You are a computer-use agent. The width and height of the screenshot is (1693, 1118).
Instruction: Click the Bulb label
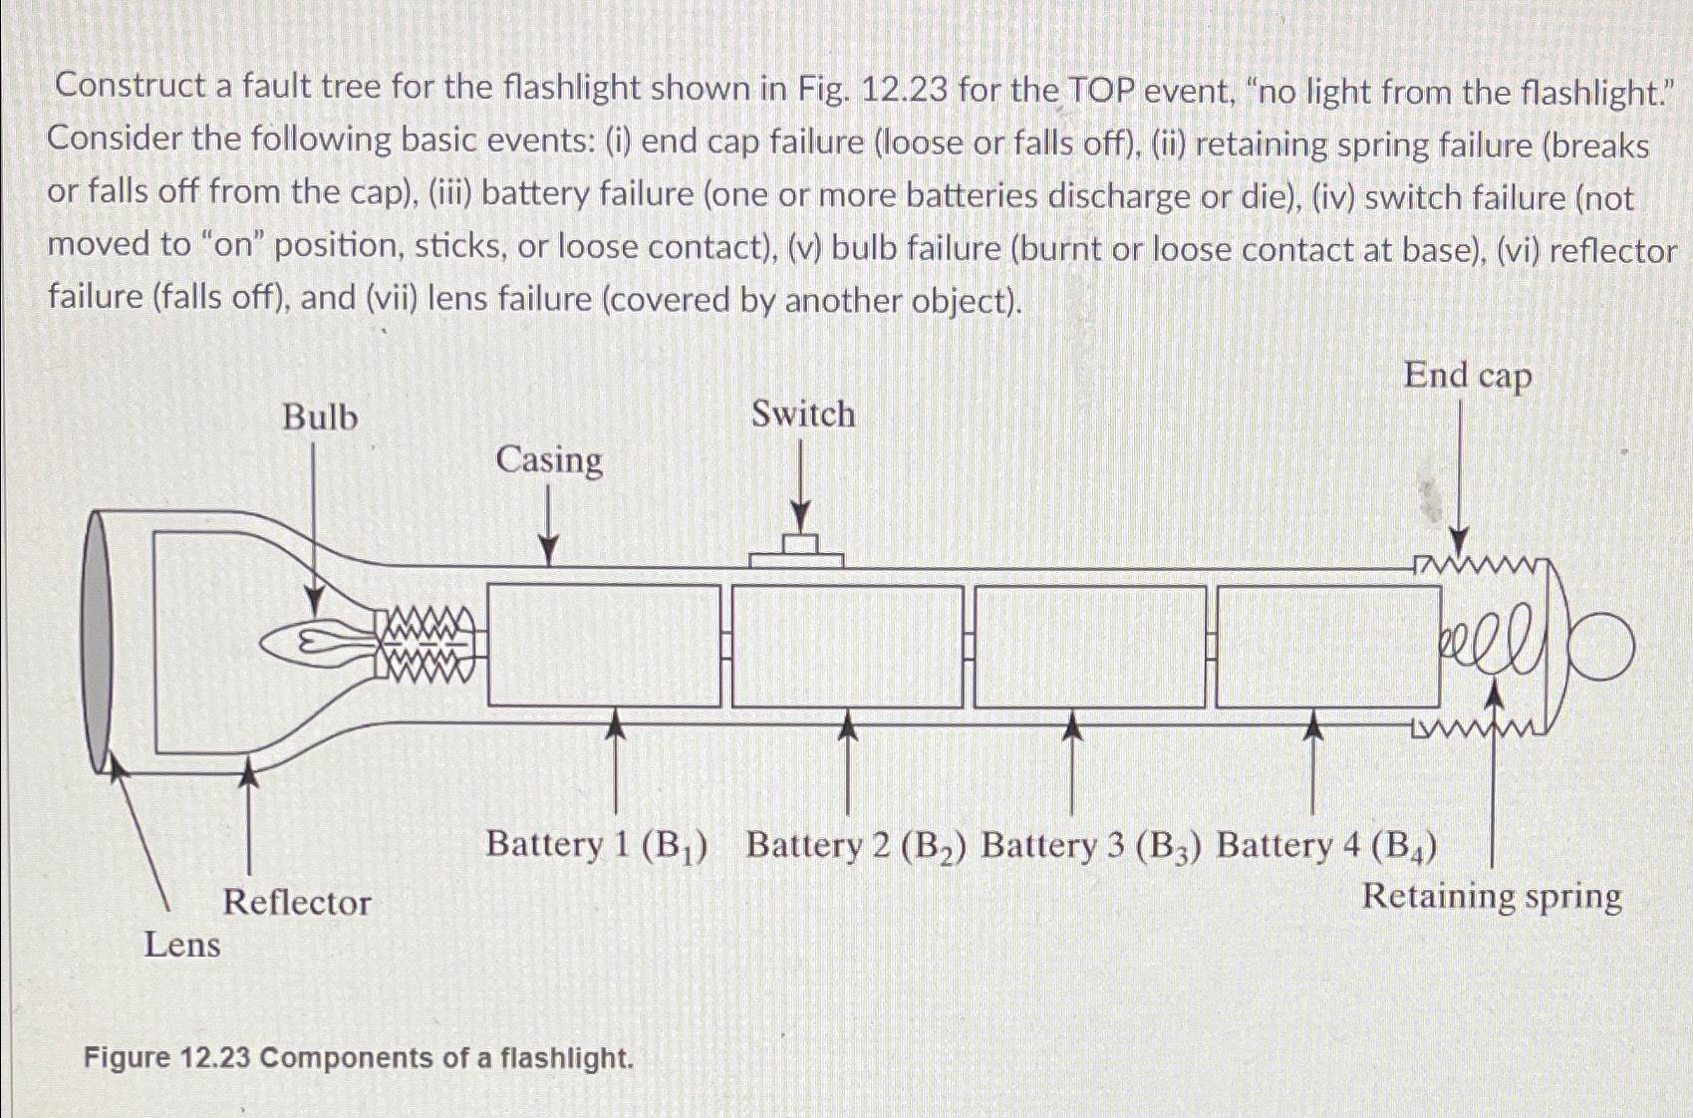tap(319, 417)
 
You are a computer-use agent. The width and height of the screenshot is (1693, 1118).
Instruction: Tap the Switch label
tap(802, 414)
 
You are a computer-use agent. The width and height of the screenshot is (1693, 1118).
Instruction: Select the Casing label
tap(549, 460)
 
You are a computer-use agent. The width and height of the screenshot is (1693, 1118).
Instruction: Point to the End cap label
tap(1467, 376)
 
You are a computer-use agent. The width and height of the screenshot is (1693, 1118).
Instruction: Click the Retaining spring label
tap(1491, 896)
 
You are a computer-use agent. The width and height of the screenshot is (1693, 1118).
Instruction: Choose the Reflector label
tap(296, 902)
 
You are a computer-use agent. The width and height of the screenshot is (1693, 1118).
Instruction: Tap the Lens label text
tap(181, 944)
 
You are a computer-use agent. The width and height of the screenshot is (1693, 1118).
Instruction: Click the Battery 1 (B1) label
tap(597, 845)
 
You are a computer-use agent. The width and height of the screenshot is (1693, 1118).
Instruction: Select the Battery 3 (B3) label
tap(1091, 845)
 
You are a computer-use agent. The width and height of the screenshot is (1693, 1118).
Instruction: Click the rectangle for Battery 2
tap(847, 647)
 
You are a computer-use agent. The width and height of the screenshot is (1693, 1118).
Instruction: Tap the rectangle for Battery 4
tap(1327, 647)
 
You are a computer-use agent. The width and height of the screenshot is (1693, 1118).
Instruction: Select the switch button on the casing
tap(798, 551)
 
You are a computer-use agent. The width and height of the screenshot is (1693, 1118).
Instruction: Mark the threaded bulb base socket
tap(426, 646)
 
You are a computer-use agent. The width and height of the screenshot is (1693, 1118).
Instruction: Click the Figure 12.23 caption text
tap(359, 1057)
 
